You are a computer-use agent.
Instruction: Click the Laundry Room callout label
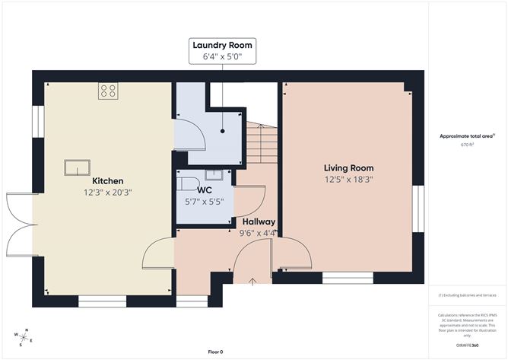(x=222, y=50)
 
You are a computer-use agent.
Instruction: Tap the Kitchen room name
(x=108, y=180)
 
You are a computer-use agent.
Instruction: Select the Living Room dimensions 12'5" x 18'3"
(x=348, y=180)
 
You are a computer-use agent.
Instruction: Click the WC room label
(x=204, y=190)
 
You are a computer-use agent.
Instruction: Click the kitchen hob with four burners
(x=108, y=91)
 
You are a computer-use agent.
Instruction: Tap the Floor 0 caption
(x=215, y=352)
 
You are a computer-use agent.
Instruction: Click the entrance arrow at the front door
(x=252, y=280)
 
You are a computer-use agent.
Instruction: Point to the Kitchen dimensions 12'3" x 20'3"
(x=108, y=193)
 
